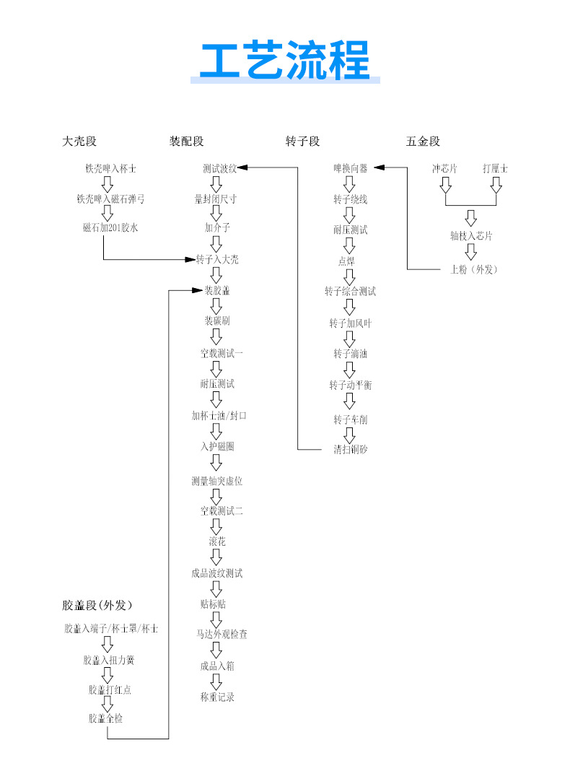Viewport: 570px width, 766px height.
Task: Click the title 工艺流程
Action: tap(284, 60)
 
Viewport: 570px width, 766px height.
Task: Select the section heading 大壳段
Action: tap(79, 142)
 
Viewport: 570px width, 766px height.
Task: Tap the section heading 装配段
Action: tap(187, 142)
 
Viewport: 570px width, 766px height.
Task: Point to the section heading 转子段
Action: tap(303, 142)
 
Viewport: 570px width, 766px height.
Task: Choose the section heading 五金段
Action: tap(423, 142)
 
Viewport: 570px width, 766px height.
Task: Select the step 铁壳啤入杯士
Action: tap(110, 169)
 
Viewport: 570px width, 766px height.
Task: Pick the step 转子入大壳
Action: tap(217, 259)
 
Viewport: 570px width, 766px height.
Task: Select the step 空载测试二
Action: tap(222, 510)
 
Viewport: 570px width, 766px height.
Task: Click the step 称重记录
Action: tap(217, 697)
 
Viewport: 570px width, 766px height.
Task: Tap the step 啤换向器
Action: tap(350, 169)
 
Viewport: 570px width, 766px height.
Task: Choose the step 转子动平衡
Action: tap(350, 386)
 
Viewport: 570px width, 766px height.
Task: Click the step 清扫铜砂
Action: tap(350, 449)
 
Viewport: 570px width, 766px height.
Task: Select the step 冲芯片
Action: tap(444, 169)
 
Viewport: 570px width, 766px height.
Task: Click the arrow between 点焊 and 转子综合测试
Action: tap(350, 277)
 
